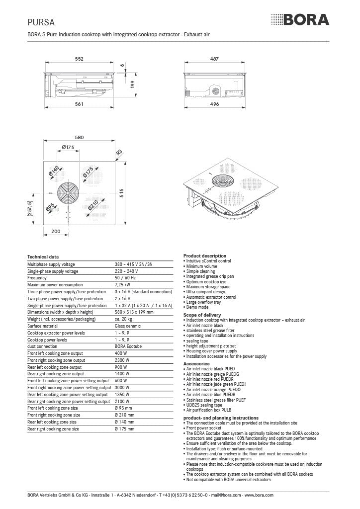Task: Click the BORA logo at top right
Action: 300,19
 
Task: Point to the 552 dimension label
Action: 79,59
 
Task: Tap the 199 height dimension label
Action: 132,85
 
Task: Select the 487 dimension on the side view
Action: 214,59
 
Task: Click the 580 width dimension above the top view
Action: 79,137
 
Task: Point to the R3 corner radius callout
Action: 119,152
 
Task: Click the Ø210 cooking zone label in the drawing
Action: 93,205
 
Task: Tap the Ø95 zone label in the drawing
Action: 50,207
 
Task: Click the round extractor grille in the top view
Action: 68,192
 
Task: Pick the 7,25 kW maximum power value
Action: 122,285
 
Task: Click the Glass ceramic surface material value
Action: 128,326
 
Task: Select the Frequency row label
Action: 37,278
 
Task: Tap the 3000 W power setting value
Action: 122,388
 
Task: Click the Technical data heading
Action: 43,257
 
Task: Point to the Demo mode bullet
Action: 197,307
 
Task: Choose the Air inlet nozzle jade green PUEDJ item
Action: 215,384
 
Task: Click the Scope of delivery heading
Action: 202,315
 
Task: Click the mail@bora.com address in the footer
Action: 226,495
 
